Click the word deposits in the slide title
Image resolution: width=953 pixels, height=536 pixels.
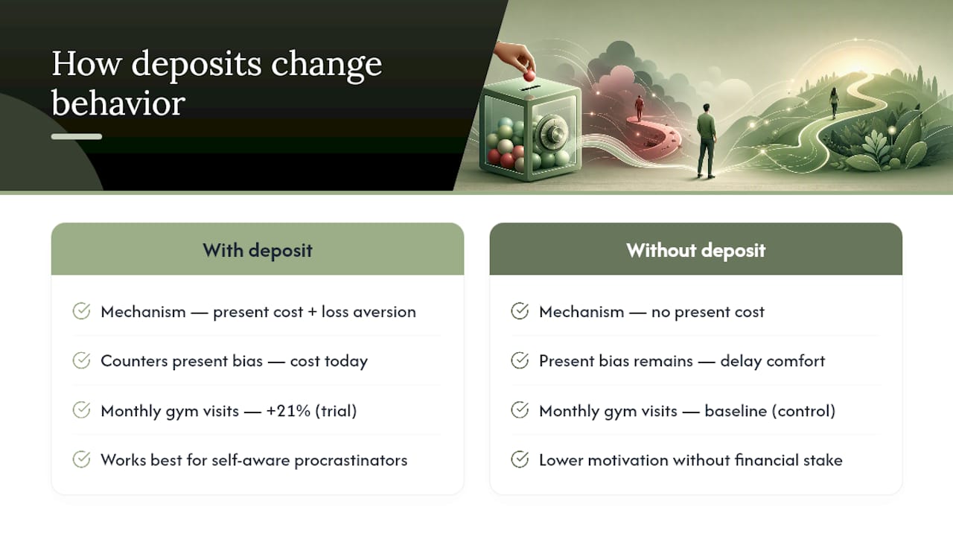pos(196,65)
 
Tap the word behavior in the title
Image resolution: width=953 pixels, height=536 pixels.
pos(118,103)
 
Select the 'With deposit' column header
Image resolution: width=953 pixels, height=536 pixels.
pos(258,250)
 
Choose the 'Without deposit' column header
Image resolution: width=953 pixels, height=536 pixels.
pos(695,250)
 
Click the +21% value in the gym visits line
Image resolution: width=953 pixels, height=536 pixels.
pos(288,411)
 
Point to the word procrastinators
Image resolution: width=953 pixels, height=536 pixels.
pos(351,460)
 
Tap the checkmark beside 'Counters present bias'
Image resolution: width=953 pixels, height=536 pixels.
pos(81,361)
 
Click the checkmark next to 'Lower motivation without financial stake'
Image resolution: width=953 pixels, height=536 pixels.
pos(520,460)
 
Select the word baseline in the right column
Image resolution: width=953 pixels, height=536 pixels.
pos(736,411)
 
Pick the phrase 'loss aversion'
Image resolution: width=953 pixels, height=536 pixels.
pos(369,312)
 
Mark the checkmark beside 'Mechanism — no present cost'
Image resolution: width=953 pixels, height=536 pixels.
pos(520,311)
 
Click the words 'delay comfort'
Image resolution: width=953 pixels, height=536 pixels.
pos(773,361)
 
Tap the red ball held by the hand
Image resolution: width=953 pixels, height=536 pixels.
pos(529,76)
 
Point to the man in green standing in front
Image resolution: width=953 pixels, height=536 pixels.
pos(706,141)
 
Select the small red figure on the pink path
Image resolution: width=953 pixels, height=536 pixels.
pos(639,108)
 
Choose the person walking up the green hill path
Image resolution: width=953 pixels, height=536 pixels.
pos(834,103)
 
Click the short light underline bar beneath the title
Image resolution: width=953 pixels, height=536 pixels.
pos(77,136)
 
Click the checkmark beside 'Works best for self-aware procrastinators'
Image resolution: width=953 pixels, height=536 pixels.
pos(81,460)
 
